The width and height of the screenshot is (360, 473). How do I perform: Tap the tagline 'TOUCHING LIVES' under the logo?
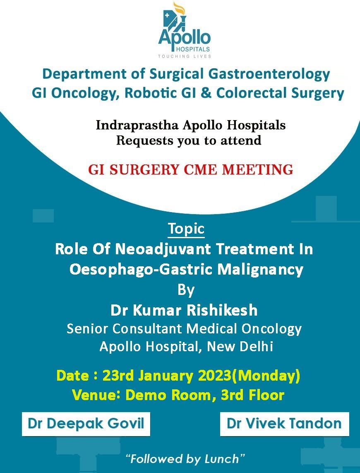tap(185, 56)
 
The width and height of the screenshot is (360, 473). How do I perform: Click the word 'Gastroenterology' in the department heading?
tap(269, 74)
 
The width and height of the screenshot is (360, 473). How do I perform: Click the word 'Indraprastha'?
tap(137, 125)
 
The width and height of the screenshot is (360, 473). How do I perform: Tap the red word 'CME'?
tap(200, 169)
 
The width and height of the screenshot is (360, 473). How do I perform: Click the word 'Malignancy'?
tap(260, 270)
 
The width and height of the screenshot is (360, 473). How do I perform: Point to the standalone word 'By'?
tap(186, 290)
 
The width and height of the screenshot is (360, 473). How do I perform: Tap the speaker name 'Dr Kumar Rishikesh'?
tap(184, 310)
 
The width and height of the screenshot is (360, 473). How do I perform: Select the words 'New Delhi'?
tap(240, 346)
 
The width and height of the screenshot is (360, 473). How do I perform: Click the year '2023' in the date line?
tap(215, 376)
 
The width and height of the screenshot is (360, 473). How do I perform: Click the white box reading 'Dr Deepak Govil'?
tap(86, 424)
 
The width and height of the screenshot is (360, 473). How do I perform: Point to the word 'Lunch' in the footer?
tap(221, 459)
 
